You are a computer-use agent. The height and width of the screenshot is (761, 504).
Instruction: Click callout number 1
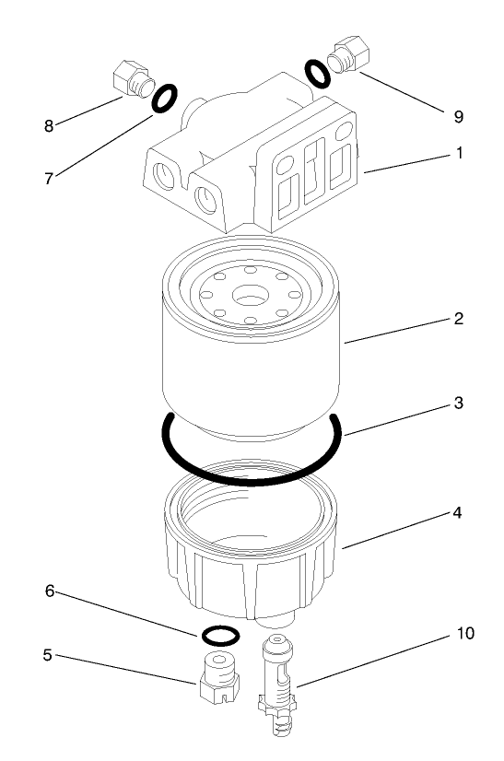point(458,155)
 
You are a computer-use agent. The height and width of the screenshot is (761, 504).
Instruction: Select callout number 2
point(458,320)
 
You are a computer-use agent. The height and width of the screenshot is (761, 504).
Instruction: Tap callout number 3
point(458,404)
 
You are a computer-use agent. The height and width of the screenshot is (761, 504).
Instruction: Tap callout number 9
point(458,117)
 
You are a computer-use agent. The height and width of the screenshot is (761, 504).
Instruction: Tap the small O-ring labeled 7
point(164,98)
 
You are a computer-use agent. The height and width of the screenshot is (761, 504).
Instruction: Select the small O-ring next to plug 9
point(316,74)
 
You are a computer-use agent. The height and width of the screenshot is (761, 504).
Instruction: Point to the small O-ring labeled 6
point(219,636)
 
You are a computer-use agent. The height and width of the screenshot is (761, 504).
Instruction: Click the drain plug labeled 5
point(218,678)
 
